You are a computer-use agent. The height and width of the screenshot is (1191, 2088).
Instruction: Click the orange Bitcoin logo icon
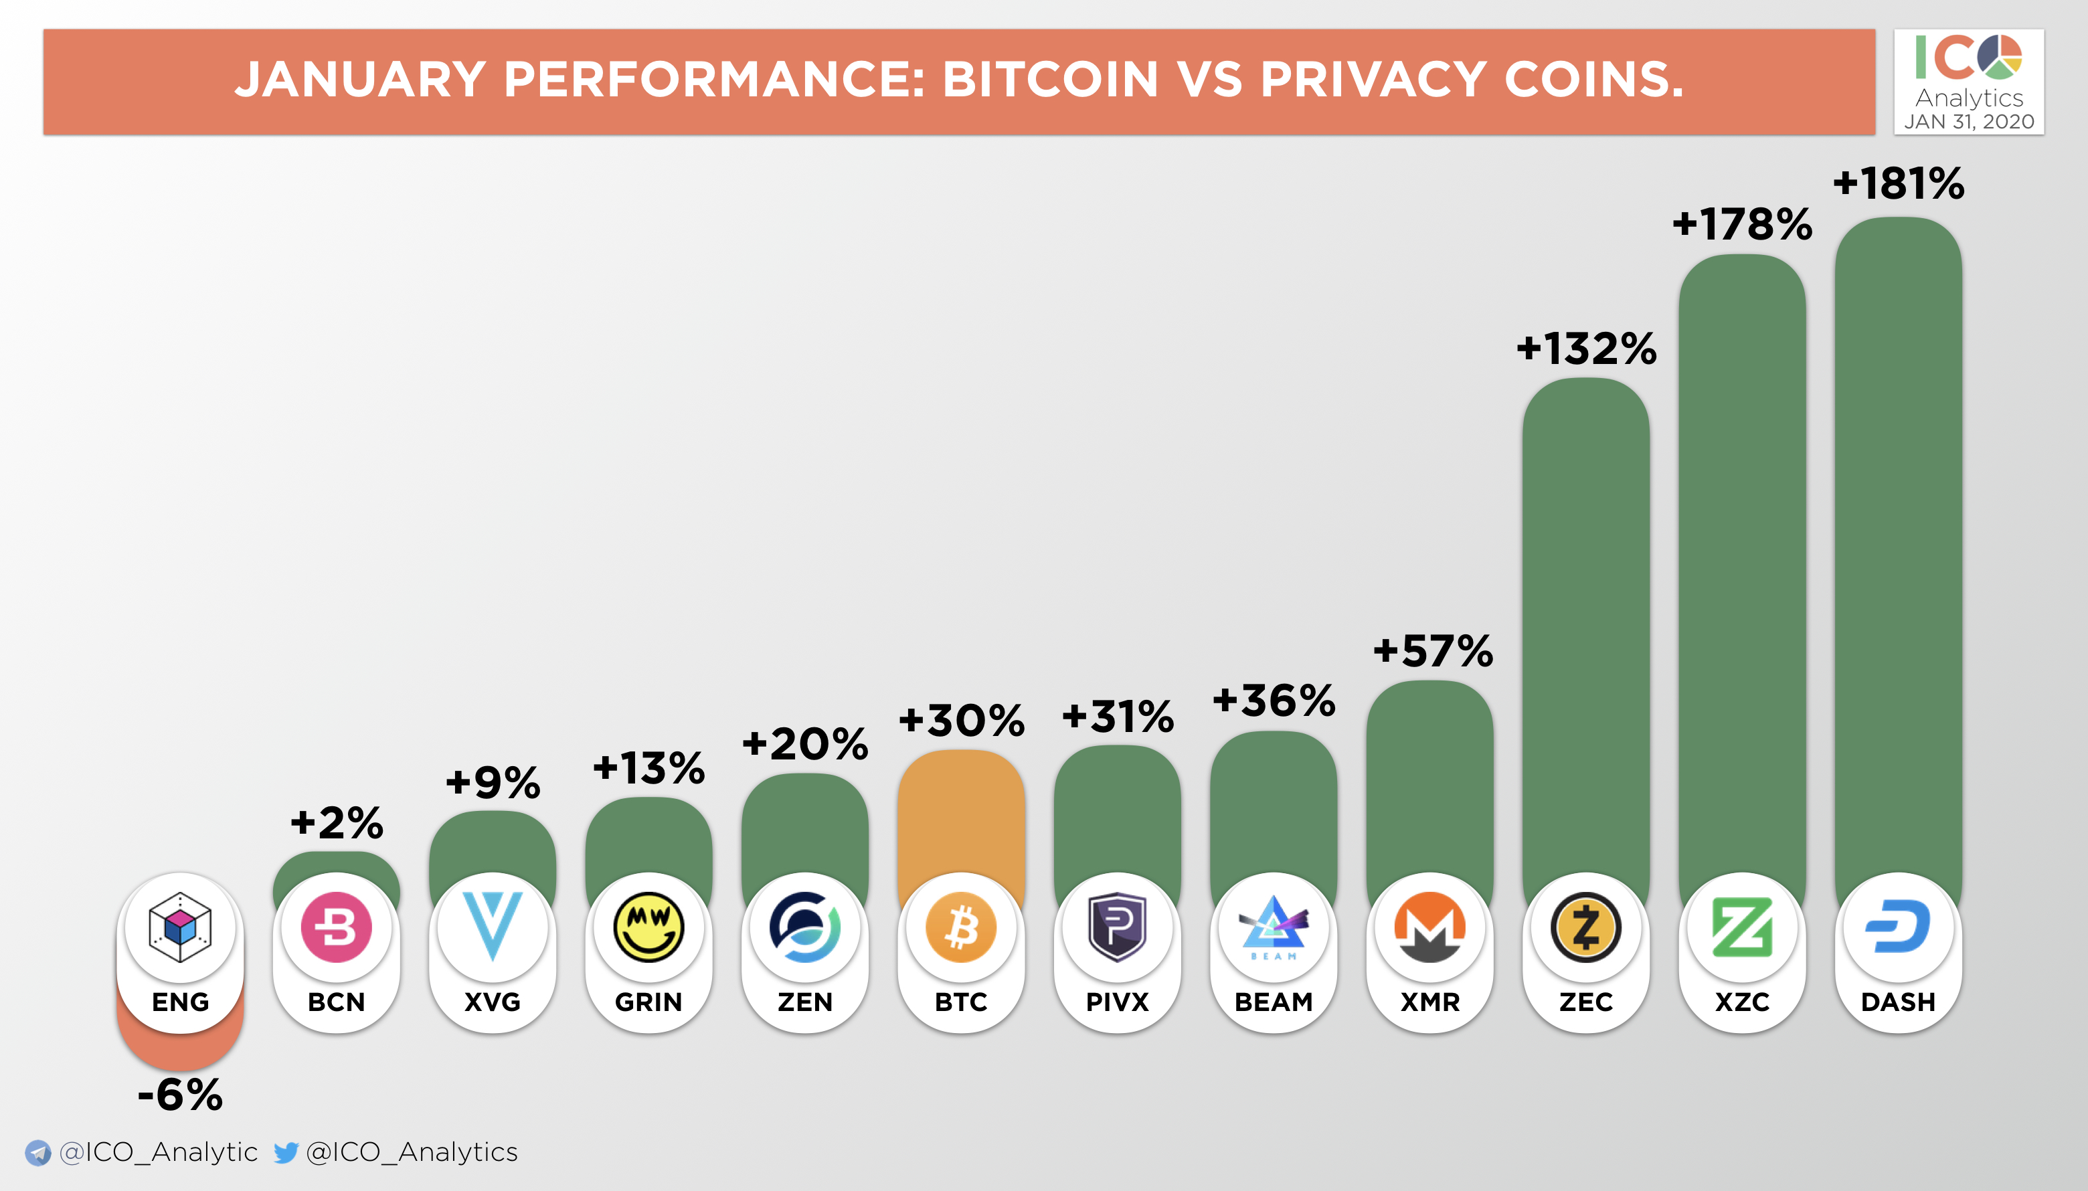pos(962,927)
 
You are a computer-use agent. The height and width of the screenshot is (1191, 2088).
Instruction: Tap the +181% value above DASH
pos(1898,183)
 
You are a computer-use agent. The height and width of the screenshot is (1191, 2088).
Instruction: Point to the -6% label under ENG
pos(180,1095)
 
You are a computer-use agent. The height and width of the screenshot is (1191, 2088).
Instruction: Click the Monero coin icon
pos(1429,927)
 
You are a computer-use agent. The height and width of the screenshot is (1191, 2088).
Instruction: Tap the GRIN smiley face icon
pos(648,927)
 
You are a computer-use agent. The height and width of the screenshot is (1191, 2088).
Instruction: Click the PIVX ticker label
pos(1117,1002)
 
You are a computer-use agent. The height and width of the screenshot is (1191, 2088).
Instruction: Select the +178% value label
pos(1742,224)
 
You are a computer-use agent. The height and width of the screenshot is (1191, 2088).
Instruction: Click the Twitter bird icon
pos(286,1153)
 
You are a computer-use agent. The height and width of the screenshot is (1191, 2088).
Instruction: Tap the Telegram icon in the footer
pos(37,1153)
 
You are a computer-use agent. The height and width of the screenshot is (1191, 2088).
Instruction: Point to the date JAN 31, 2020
pos(1969,122)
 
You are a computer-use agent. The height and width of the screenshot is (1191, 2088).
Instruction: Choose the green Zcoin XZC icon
pos(1742,927)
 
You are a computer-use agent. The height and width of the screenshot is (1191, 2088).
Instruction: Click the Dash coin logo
pos(1898,927)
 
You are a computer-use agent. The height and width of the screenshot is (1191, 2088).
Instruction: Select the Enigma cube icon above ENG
pos(180,927)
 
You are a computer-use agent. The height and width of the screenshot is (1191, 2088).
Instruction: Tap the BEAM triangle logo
pos(1273,927)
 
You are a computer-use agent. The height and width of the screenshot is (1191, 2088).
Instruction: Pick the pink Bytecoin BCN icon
pos(336,927)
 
